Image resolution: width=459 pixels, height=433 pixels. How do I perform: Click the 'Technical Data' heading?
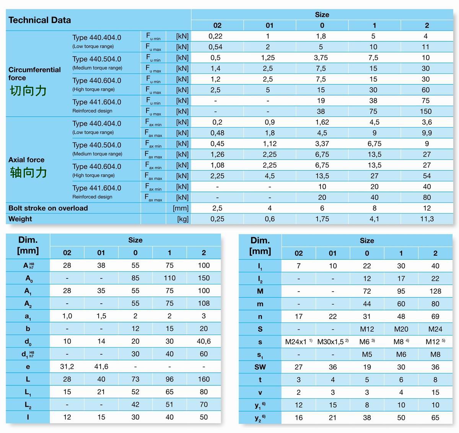(40, 20)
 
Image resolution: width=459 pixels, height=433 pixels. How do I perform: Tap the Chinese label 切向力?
(28, 91)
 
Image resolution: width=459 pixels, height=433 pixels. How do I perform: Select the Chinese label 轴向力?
(28, 172)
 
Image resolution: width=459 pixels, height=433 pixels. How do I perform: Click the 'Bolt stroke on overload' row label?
(48, 208)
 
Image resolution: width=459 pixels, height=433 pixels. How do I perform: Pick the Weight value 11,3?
(427, 219)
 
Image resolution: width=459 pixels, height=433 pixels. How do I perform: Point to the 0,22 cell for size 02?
(215, 36)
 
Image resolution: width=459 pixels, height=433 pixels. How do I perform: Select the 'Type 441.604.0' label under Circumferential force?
(97, 102)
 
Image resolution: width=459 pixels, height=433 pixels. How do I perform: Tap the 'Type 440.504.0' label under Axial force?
(97, 145)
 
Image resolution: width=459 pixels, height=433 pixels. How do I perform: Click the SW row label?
(260, 367)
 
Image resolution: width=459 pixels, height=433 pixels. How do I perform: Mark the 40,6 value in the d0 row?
(203, 341)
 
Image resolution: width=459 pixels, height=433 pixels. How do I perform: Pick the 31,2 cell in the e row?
(67, 366)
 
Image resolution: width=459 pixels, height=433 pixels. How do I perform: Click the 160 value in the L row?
(203, 379)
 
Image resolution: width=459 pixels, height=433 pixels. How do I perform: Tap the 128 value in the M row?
(435, 291)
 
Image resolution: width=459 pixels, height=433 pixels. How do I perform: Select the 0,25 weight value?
(217, 219)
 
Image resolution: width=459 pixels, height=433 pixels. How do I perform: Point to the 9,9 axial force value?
(427, 133)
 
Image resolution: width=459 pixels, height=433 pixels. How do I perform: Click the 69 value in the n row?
(435, 316)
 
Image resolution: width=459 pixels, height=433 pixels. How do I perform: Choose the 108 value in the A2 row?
(203, 303)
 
